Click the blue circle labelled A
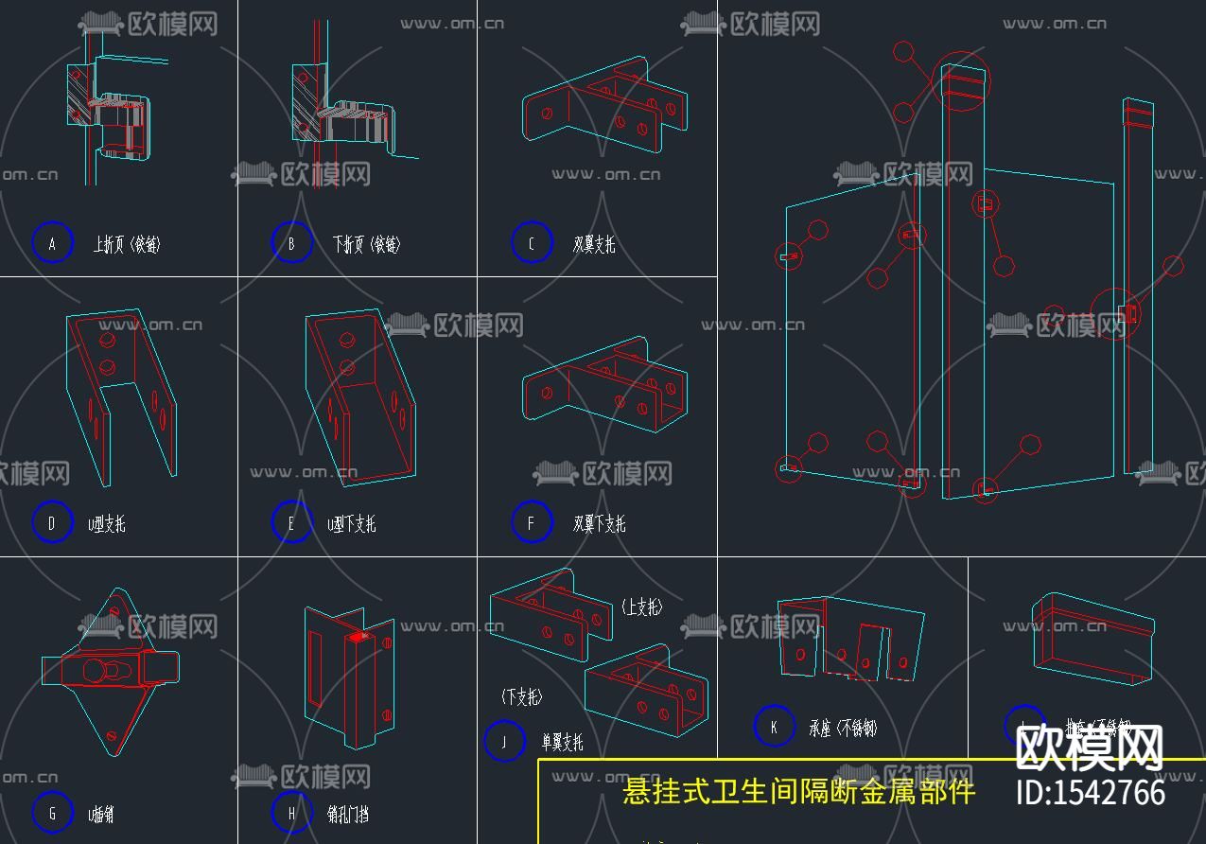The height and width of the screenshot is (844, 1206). [x=52, y=243]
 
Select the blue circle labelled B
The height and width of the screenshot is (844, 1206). [x=291, y=243]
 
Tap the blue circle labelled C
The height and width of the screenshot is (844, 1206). [x=531, y=243]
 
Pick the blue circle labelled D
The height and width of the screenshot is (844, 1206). [x=52, y=522]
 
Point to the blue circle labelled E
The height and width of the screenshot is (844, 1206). [x=291, y=522]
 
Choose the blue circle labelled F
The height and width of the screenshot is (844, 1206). [x=531, y=522]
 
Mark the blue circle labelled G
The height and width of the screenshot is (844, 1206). [x=52, y=813]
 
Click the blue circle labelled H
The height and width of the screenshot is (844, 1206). [x=291, y=813]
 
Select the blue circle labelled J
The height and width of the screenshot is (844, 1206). [x=503, y=741]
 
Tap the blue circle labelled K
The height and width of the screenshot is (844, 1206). [x=774, y=727]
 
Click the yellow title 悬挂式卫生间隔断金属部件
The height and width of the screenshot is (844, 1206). [x=798, y=791]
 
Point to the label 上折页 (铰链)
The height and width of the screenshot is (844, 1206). [x=127, y=244]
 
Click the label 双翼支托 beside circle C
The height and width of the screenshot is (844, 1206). [x=594, y=244]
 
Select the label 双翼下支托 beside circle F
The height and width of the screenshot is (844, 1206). [x=599, y=523]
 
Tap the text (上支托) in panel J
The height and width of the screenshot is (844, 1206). [x=642, y=607]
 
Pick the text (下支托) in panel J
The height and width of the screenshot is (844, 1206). [x=521, y=697]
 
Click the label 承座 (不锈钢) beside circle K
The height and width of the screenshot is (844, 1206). [x=843, y=728]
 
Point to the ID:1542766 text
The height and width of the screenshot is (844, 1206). [x=1090, y=792]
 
